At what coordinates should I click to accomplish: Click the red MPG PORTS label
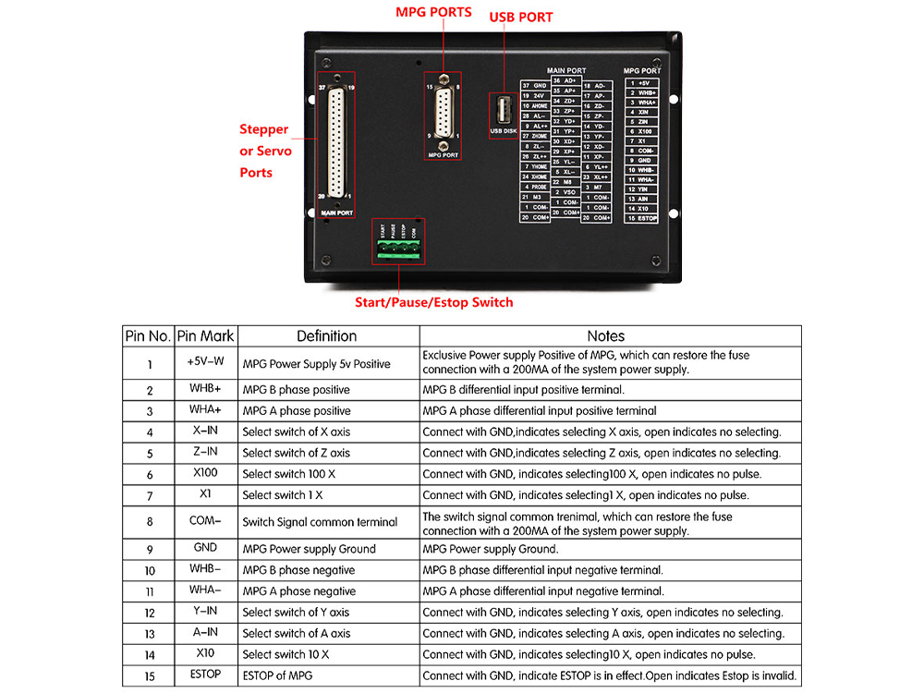(x=433, y=12)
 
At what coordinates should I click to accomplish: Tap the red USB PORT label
(x=520, y=17)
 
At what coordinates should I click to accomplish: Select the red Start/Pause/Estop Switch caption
(x=433, y=302)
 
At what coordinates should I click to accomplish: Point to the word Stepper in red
(x=264, y=129)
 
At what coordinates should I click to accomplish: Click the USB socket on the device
(x=503, y=111)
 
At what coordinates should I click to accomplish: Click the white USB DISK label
(x=503, y=131)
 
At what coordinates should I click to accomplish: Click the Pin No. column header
(x=148, y=336)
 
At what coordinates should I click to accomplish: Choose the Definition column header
(x=326, y=336)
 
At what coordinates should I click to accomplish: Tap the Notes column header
(x=605, y=336)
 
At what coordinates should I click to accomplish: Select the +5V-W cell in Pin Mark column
(x=205, y=362)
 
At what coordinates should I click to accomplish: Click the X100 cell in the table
(x=205, y=473)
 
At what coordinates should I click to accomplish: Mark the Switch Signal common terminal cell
(x=320, y=522)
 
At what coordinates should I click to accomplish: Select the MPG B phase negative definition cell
(x=298, y=570)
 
